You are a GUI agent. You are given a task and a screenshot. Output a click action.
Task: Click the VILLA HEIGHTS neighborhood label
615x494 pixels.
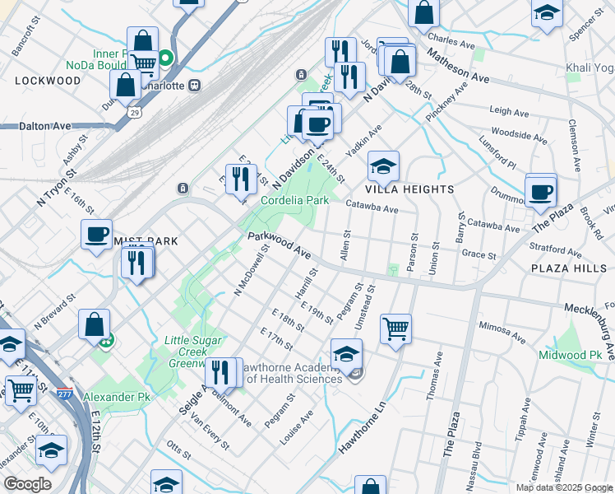[415, 189]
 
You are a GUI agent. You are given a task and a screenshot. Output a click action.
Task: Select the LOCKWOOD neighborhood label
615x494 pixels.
[48, 81]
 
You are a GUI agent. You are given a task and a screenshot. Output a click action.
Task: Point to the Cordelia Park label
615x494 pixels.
[294, 200]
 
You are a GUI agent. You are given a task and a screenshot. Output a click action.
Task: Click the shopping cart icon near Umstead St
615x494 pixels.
[395, 329]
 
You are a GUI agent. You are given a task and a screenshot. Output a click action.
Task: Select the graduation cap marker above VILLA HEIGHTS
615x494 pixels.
[382, 166]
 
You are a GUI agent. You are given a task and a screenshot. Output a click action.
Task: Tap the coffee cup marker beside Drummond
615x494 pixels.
[540, 192]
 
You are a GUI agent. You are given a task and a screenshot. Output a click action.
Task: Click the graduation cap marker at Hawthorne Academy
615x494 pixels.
[346, 354]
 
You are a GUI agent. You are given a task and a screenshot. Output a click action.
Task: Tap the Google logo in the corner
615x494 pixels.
[27, 484]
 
